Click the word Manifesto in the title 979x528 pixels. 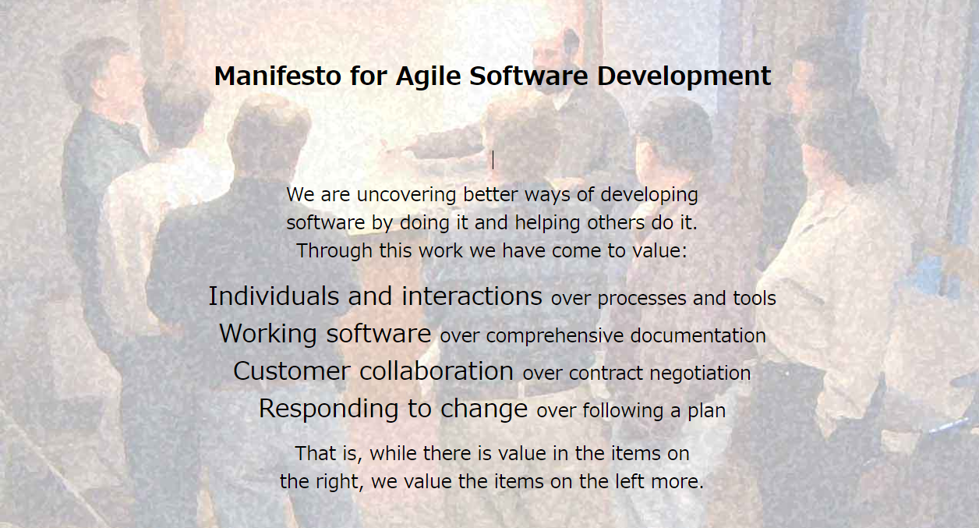(277, 76)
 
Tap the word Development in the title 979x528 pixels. (684, 77)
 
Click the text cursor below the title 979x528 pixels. (493, 160)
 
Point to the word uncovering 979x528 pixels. (406, 195)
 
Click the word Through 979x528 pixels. (334, 251)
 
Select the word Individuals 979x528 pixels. (274, 296)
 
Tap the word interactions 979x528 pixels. (472, 296)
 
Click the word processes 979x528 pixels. (642, 299)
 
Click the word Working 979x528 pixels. (268, 335)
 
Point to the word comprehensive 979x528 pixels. (555, 336)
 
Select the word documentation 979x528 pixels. (698, 336)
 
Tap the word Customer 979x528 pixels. (292, 371)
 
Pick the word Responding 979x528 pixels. (328, 409)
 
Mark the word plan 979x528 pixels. (707, 412)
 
